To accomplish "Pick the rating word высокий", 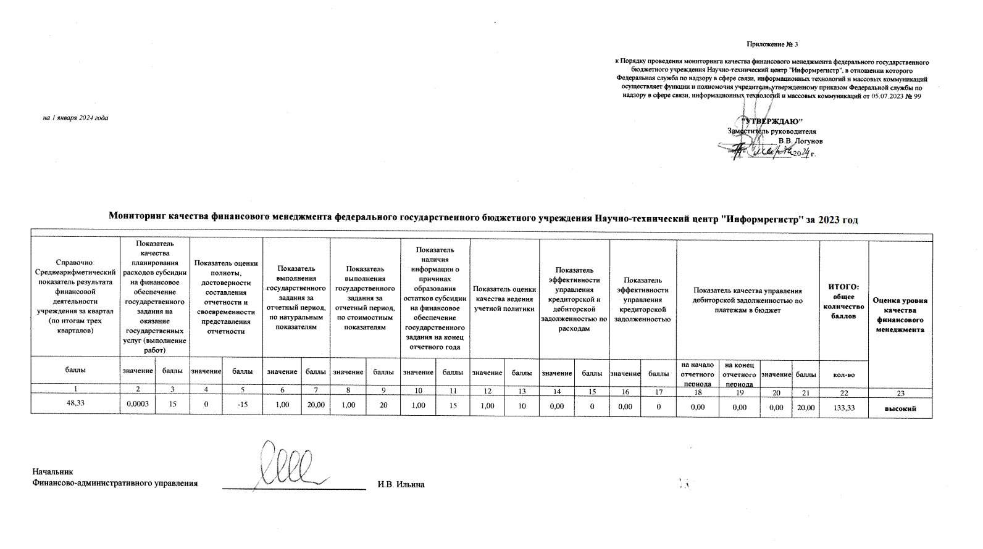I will pyautogui.click(x=900, y=408).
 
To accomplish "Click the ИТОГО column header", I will pyautogui.click(x=843, y=301).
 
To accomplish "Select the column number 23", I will pyautogui.click(x=900, y=392).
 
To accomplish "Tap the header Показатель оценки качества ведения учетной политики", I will pyautogui.click(x=504, y=299).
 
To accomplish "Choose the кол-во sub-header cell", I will pyautogui.click(x=843, y=374).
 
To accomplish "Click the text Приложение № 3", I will pyautogui.click(x=772, y=44).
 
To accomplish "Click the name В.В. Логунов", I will pyautogui.click(x=800, y=141).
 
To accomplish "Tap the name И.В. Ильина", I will pyautogui.click(x=401, y=484).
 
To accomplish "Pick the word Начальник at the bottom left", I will pyautogui.click(x=52, y=473).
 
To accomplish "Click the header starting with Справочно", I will pyautogui.click(x=75, y=297).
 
